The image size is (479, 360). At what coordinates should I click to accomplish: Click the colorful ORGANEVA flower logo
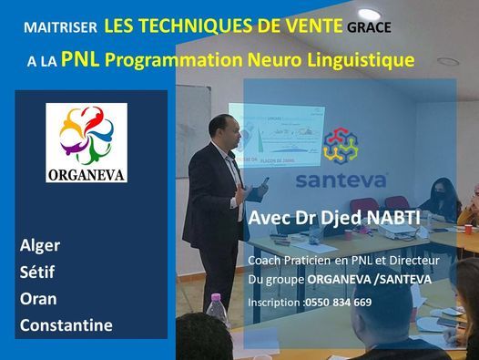pos(88,133)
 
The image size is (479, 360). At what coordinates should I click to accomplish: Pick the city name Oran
pos(38,298)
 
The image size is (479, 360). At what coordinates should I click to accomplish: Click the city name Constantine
pos(66,324)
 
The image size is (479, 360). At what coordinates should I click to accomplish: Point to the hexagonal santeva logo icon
pos(341,146)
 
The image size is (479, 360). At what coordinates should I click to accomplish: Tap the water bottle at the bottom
pos(216,313)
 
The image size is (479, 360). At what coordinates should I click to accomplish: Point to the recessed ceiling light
pos(448,62)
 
